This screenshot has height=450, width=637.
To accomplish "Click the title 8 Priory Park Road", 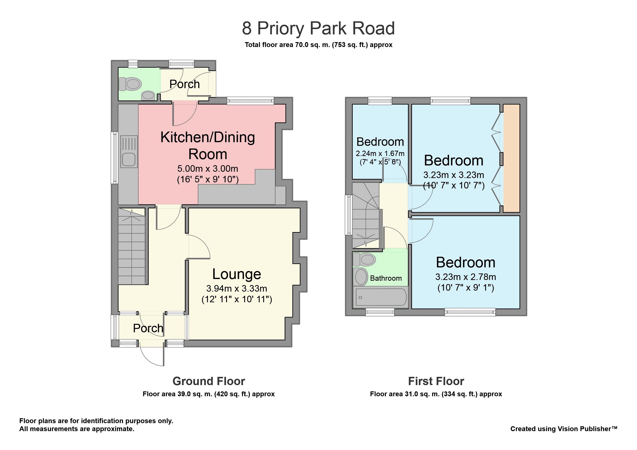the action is [318, 28].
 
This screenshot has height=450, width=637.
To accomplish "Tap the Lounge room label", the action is [237, 274].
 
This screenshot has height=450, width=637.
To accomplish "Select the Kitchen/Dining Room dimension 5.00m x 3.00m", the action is [207, 169].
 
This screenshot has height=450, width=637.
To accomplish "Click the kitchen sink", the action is [129, 152].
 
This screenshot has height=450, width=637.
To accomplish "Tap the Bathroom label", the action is [386, 278].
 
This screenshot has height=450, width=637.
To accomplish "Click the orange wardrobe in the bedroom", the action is [511, 158].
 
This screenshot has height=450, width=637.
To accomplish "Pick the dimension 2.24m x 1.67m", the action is [380, 153].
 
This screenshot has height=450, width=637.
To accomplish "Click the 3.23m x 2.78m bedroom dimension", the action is [465, 277].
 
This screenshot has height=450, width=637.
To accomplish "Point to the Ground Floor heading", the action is [209, 381].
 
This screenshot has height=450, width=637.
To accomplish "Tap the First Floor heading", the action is [436, 381].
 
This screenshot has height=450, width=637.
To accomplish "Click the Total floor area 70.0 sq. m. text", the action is [318, 45].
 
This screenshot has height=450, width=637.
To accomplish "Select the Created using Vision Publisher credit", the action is [564, 429].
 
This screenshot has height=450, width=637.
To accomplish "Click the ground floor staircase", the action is [132, 246].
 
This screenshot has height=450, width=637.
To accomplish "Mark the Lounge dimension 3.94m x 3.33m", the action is [237, 288].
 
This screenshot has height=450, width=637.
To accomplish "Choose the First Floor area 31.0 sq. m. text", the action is [436, 394].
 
